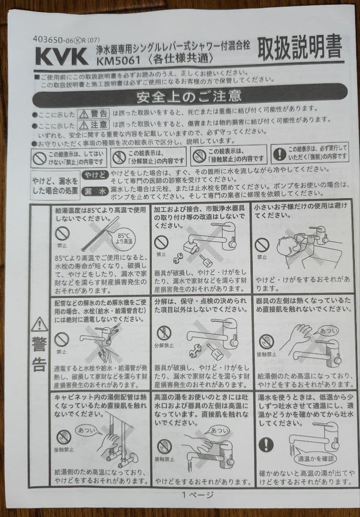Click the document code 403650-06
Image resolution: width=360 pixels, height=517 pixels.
[53, 40]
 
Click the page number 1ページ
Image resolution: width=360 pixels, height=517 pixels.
[197, 495]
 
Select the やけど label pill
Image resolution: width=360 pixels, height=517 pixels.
[95, 175]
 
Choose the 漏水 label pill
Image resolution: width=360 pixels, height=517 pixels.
[95, 191]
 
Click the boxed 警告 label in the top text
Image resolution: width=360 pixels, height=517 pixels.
[94, 114]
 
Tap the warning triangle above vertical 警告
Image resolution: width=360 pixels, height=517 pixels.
[39, 325]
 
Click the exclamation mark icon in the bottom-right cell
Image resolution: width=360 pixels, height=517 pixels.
[265, 445]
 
